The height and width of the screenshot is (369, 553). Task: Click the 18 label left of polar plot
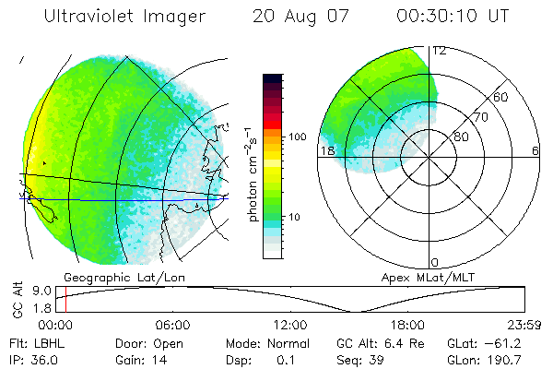(326, 150)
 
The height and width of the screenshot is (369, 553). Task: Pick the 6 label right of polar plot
(535, 150)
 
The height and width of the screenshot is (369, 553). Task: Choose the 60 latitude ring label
(502, 97)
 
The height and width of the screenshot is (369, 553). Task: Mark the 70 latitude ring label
(480, 118)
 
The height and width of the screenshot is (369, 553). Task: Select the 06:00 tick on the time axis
(172, 326)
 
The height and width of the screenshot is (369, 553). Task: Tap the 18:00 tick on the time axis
(406, 326)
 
